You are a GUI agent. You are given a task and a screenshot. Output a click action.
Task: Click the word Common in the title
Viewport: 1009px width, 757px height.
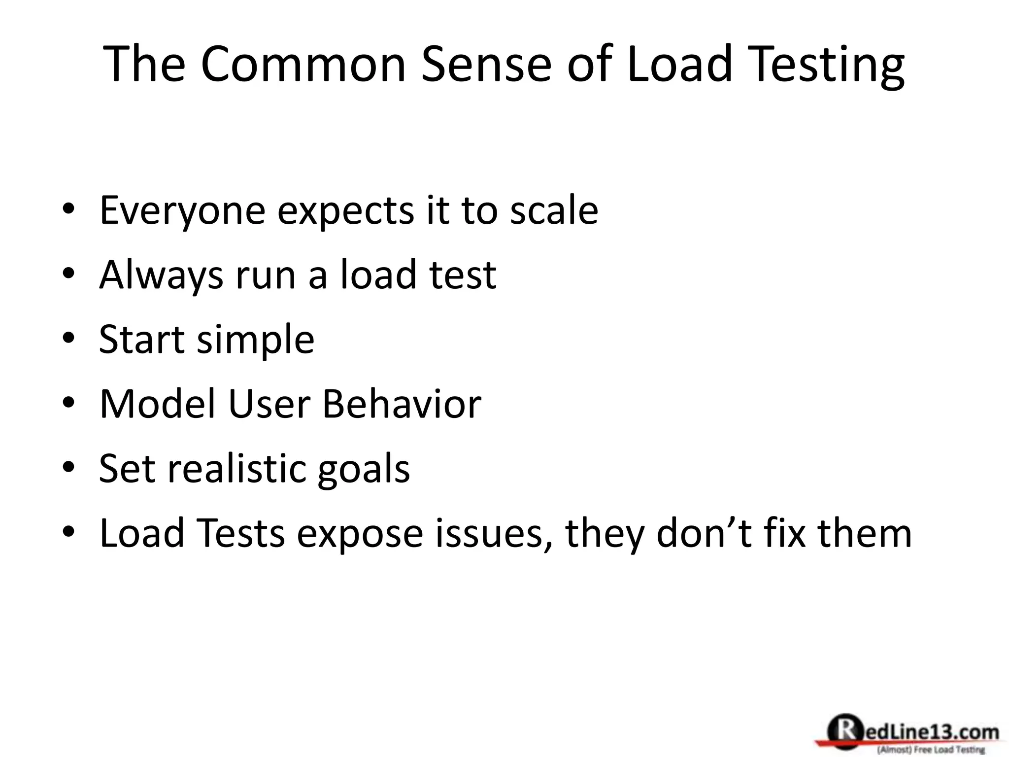click(303, 64)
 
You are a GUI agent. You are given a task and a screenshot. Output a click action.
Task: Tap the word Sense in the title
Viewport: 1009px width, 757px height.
click(486, 64)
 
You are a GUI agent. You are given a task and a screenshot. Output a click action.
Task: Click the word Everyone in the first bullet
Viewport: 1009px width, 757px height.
click(182, 211)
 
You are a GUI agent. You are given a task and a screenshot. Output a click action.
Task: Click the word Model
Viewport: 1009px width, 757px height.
click(158, 404)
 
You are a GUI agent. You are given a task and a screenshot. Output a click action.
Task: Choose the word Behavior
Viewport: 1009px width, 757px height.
click(402, 404)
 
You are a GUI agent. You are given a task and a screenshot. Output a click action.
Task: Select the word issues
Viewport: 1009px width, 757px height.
click(493, 534)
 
